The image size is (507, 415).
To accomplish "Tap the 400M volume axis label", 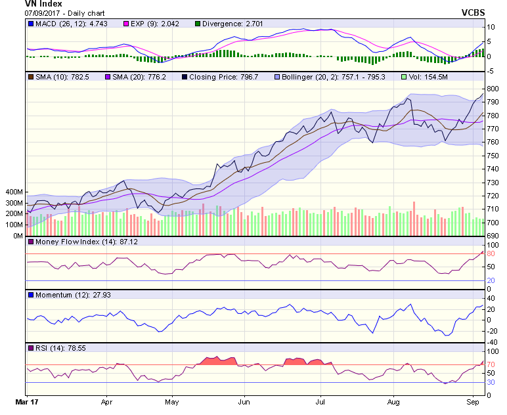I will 13,192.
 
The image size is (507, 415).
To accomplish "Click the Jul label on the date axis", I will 320,400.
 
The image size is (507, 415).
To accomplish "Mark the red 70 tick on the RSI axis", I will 490,364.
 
